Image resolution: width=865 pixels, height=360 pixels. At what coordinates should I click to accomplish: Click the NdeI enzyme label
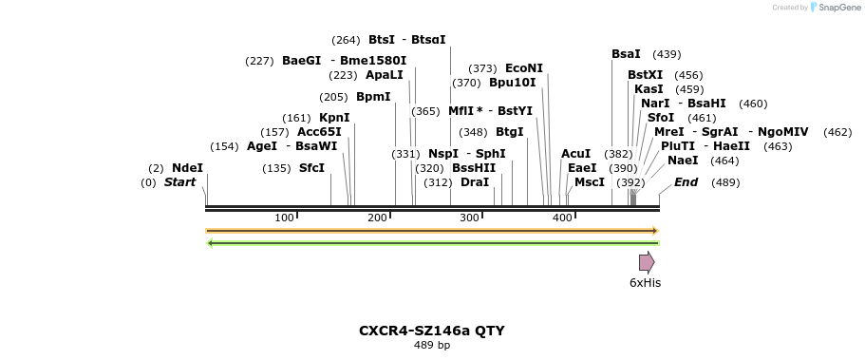point(187,168)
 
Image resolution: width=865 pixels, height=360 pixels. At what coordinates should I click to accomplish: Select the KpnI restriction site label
point(334,118)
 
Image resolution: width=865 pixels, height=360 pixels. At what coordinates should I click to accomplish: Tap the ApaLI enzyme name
point(384,75)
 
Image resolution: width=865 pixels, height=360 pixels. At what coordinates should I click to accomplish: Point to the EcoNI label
point(524,68)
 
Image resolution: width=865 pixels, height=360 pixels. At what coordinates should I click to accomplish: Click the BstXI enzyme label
point(646,75)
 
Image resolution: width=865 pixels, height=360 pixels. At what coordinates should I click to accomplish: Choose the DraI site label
point(475,182)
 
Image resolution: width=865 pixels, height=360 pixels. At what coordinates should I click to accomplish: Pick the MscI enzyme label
point(589,182)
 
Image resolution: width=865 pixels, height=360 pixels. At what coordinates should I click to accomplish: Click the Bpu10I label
point(513,83)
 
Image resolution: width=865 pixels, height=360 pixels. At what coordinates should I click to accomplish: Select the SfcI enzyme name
point(311,168)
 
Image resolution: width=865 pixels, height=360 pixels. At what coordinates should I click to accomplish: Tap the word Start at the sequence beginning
point(179,182)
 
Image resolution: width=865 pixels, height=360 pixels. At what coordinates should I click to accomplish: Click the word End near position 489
point(686,182)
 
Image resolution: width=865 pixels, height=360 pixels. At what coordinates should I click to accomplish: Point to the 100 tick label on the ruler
point(284,218)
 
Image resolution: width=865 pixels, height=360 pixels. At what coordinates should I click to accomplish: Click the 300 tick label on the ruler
point(470,218)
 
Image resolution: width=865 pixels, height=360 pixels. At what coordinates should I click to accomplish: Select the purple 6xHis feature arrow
point(647,262)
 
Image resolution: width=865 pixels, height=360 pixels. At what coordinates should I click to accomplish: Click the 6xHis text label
point(645,283)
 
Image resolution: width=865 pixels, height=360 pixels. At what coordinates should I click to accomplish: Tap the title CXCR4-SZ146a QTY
point(431,331)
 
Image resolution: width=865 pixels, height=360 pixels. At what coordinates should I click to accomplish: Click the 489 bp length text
point(431,345)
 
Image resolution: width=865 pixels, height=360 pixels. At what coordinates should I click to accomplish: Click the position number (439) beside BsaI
point(667,54)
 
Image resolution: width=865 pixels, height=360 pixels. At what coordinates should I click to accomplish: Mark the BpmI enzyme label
point(373,97)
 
